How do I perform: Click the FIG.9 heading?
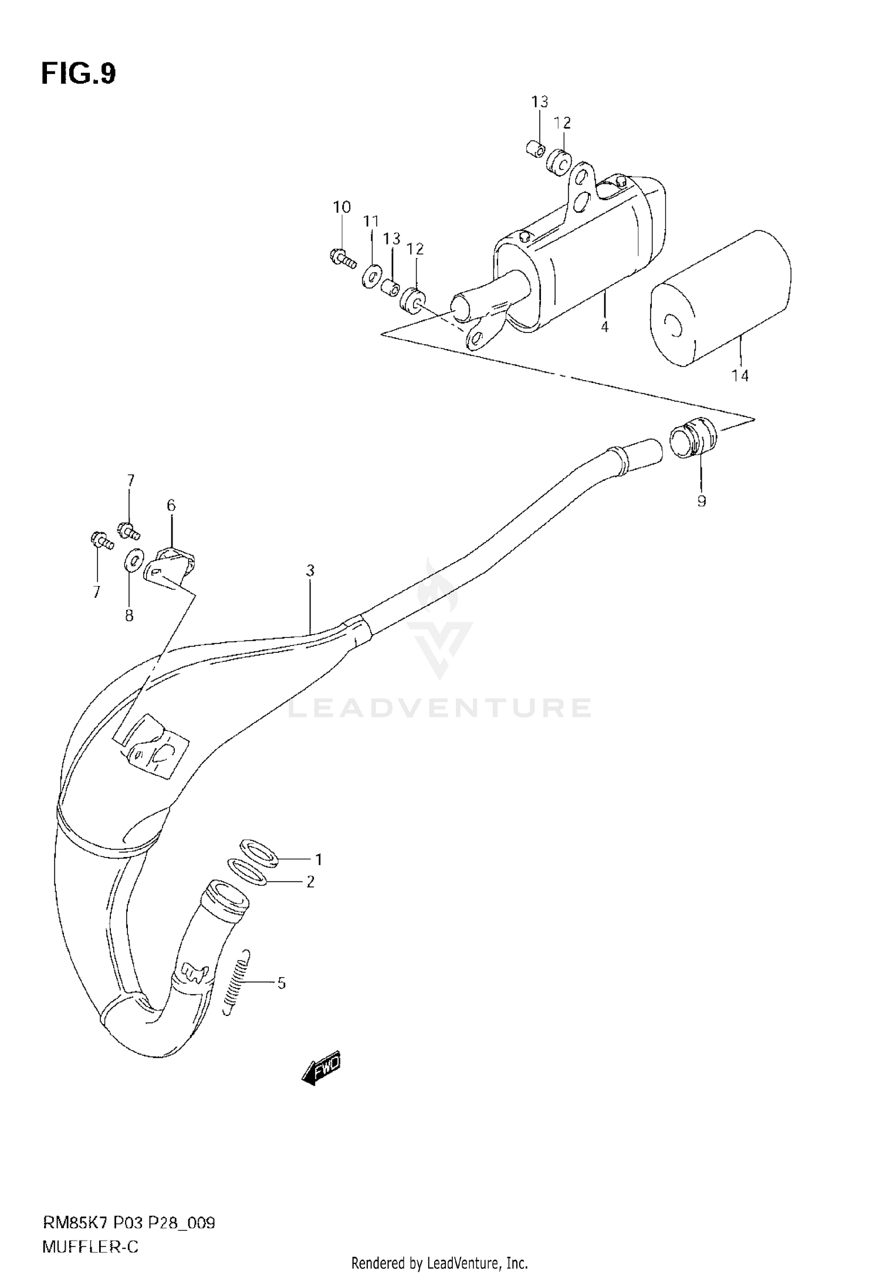[79, 74]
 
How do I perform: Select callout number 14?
[740, 376]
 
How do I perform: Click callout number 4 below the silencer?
[605, 327]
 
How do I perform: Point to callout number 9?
[702, 501]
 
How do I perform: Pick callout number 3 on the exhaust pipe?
[310, 570]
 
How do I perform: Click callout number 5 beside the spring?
[282, 982]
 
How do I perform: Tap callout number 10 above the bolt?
[341, 207]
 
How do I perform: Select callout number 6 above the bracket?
[171, 505]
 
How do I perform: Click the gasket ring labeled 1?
[259, 853]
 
